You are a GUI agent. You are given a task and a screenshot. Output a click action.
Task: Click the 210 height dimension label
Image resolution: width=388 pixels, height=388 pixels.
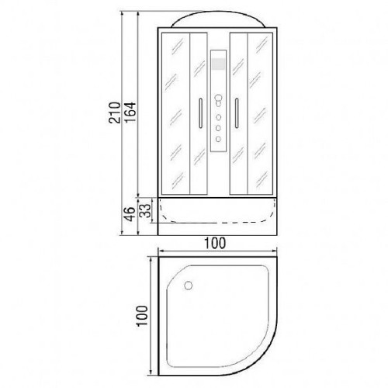(115, 113)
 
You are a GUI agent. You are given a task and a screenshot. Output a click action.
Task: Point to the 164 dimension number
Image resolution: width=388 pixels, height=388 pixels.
(130, 113)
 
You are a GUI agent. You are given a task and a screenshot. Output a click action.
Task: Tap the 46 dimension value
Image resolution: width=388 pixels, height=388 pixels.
(130, 214)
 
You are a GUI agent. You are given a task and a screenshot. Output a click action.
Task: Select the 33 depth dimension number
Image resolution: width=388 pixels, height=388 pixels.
(145, 211)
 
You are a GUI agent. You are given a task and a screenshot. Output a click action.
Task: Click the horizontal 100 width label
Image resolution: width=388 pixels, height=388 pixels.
(215, 243)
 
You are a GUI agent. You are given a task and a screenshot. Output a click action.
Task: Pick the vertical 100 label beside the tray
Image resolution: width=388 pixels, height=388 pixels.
(142, 316)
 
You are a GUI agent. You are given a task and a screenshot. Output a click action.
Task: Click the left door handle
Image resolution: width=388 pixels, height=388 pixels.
(200, 113)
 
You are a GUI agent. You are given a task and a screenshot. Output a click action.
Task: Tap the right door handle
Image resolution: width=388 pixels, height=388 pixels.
(237, 113)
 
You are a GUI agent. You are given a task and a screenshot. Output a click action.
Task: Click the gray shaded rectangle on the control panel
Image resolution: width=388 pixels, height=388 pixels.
(218, 64)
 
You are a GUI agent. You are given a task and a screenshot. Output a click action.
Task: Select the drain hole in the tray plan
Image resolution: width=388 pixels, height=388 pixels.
(189, 286)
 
